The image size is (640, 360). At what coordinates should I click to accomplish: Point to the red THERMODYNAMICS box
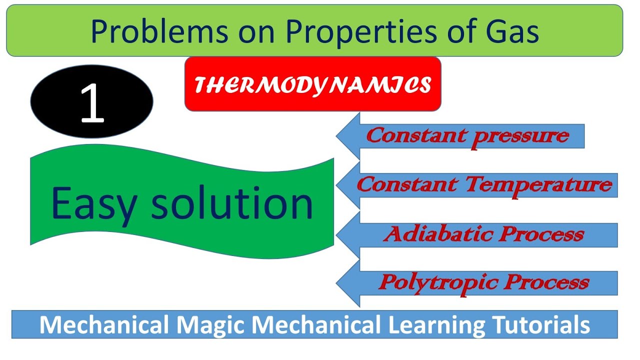click(312, 84)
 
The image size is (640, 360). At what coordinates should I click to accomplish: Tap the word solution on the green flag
click(232, 204)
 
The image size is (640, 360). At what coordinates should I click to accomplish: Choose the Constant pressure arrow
click(467, 135)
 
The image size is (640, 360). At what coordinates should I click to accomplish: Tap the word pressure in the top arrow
click(520, 136)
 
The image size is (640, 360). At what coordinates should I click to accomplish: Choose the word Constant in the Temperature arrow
click(407, 185)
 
